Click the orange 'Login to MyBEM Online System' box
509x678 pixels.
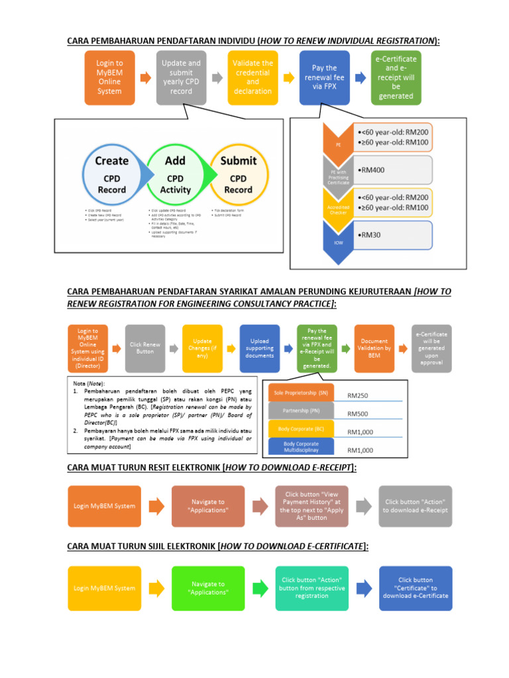[x=109, y=77]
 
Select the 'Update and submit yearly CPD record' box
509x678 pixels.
[x=181, y=77]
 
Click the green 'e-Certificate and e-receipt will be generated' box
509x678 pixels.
[x=396, y=77]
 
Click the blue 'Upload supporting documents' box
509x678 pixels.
[x=260, y=348]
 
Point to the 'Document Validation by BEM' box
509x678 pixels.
[x=374, y=348]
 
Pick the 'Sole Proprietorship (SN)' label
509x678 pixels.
[x=301, y=393]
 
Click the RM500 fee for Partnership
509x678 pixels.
[x=360, y=414]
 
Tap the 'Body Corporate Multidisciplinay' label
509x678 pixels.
[x=301, y=447]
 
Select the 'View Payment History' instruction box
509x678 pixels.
[x=311, y=506]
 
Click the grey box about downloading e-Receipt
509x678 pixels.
[x=416, y=506]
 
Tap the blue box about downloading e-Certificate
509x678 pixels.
[x=416, y=588]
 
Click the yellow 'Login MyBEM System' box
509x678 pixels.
[x=105, y=588]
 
